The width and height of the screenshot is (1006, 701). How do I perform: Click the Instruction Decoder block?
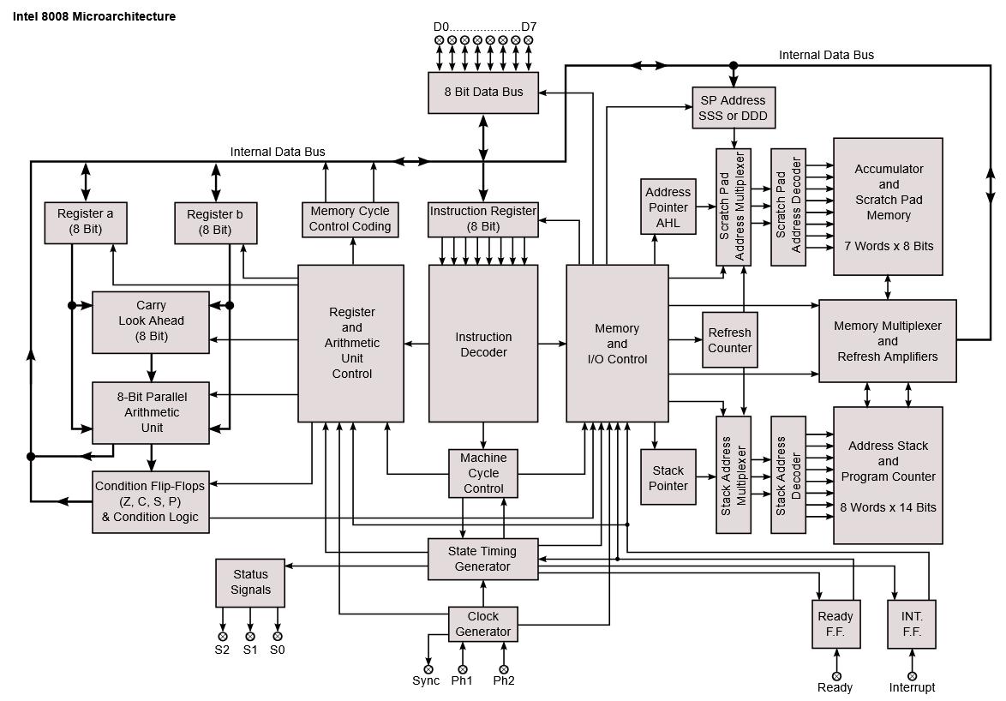click(x=483, y=344)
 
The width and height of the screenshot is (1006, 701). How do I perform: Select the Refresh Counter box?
click(x=730, y=340)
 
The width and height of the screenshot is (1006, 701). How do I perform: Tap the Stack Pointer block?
click(x=668, y=477)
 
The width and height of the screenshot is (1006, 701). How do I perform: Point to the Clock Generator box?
click(x=483, y=624)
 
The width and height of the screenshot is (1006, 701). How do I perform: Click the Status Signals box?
click(x=250, y=582)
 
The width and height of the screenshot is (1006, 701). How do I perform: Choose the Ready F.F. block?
click(x=835, y=624)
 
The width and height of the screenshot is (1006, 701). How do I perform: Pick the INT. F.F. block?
click(x=912, y=624)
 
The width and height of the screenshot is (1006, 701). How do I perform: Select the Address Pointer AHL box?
click(x=668, y=207)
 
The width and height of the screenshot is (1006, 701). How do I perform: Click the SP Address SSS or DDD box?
click(x=734, y=108)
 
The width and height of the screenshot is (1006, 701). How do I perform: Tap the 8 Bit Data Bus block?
click(x=483, y=92)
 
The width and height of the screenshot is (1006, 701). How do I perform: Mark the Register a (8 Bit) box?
click(x=86, y=222)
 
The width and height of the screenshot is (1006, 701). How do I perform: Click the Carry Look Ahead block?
click(x=151, y=321)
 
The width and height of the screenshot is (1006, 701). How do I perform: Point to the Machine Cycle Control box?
click(x=483, y=473)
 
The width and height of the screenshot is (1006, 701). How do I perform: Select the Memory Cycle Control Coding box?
click(x=350, y=219)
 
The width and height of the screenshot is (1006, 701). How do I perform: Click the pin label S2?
click(x=223, y=650)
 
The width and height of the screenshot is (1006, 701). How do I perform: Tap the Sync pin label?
click(x=426, y=681)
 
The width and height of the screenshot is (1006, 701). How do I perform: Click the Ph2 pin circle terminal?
click(x=504, y=669)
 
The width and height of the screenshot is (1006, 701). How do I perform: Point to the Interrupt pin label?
click(x=912, y=687)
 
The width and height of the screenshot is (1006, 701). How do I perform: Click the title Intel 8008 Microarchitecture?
click(x=94, y=16)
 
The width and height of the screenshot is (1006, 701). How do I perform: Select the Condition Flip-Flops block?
click(x=151, y=501)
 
